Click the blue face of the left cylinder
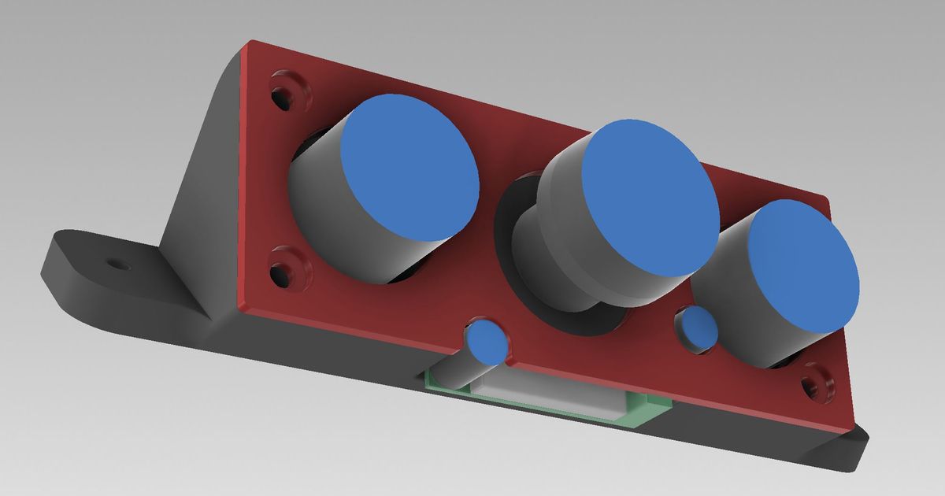coord(409,167)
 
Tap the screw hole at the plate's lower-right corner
coord(812,387)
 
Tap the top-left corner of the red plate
coord(249,44)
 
